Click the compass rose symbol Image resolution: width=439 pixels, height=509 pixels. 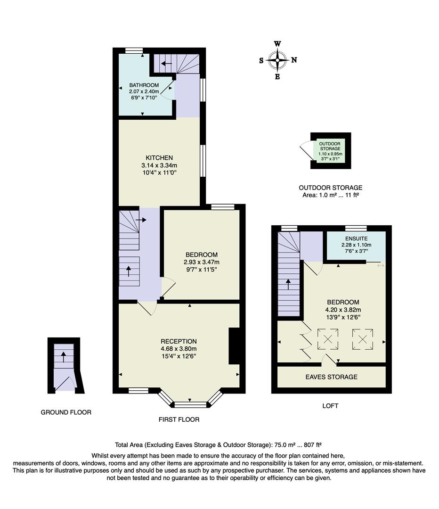point(278,60)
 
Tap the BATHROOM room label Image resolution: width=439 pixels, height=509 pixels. point(144,85)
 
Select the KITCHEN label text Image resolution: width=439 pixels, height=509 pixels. point(159,157)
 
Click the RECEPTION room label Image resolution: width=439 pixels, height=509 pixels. point(179,341)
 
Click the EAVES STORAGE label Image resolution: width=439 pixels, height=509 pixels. point(331,377)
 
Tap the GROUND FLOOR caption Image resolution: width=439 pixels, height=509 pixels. point(66,412)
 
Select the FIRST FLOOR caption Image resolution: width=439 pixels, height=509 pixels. point(179,419)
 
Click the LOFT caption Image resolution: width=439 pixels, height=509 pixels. point(330,405)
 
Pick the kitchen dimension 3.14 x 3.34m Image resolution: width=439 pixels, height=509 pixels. point(159,165)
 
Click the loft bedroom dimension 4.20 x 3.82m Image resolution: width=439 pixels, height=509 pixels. point(343,310)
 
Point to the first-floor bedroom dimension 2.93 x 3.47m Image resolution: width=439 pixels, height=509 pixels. point(202,263)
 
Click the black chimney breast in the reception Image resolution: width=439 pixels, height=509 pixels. point(234,346)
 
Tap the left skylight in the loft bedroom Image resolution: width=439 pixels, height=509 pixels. point(328,338)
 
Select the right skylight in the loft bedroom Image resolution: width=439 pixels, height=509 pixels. point(363,338)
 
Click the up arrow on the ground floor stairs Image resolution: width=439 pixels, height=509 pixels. point(64,356)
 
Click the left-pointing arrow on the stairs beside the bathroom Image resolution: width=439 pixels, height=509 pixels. point(166,62)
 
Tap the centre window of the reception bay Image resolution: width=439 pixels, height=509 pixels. point(190,404)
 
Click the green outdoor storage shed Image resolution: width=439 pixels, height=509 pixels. point(330,151)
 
